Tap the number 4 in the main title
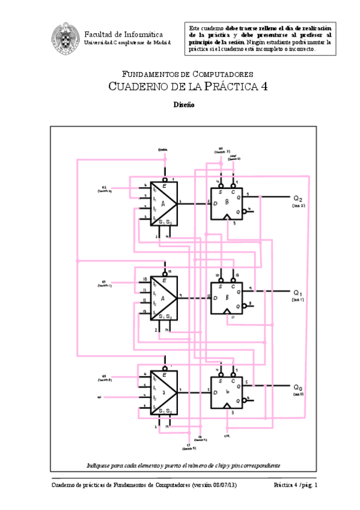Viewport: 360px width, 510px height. coord(264,87)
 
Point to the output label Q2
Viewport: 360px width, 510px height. coord(298,198)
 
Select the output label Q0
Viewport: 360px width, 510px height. coord(298,387)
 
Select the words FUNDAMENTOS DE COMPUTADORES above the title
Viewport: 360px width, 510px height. coord(187,74)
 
